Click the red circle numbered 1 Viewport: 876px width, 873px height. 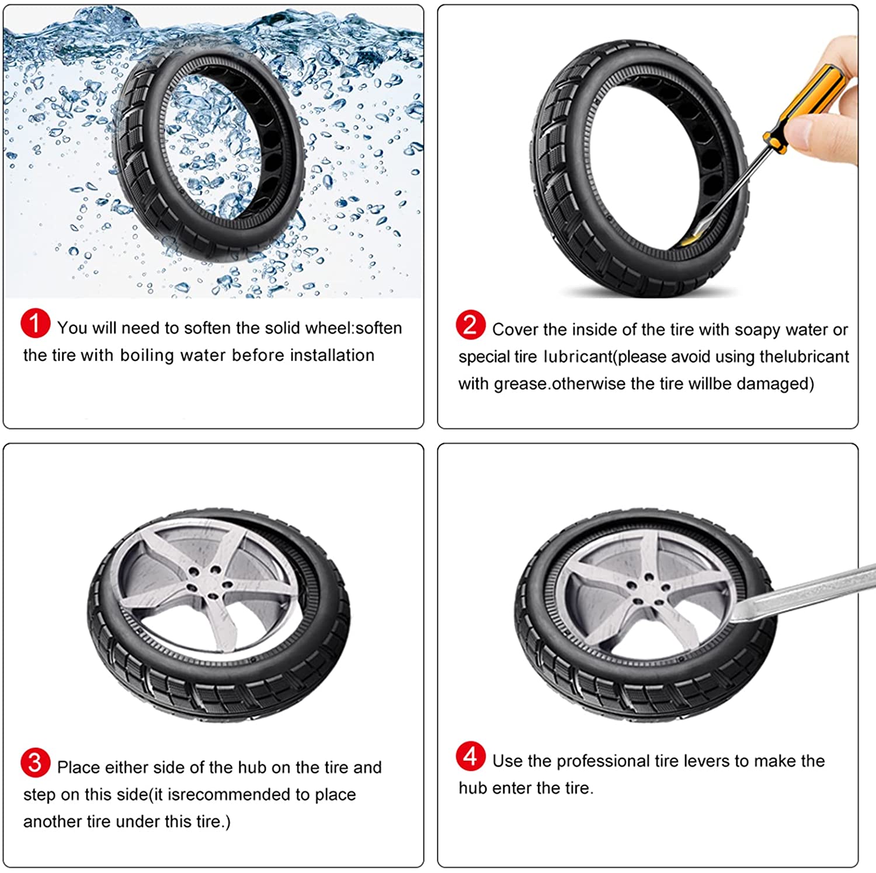pyautogui.click(x=35, y=323)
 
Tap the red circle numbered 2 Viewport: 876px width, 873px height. pyautogui.click(x=470, y=325)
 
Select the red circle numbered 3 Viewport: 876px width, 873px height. pyautogui.click(x=35, y=763)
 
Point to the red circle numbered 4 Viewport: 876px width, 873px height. pyautogui.click(x=470, y=756)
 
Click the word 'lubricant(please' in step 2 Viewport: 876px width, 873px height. pyautogui.click(x=606, y=357)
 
